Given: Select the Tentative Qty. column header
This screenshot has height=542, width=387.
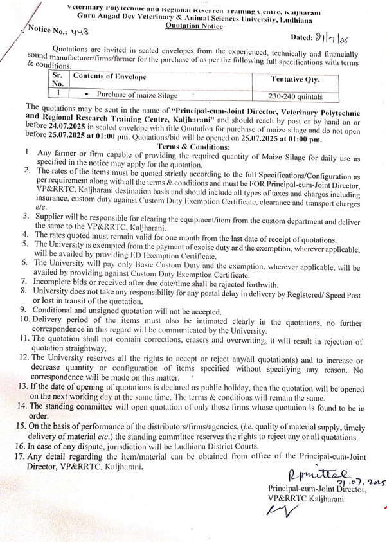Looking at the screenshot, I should tap(295, 79).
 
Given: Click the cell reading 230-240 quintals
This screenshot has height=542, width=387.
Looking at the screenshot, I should tap(296, 95).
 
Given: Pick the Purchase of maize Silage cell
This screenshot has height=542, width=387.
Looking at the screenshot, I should tap(136, 95).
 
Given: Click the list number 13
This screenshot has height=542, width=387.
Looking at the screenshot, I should tap(19, 386).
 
